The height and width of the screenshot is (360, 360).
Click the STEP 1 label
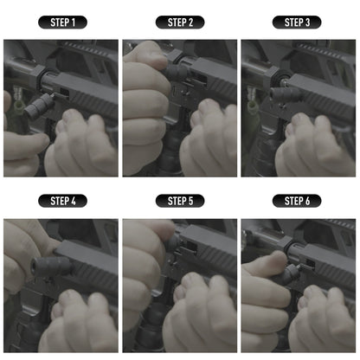62,22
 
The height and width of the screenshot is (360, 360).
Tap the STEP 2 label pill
180,22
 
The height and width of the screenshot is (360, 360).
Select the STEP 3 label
298,22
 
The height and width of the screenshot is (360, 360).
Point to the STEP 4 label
62,201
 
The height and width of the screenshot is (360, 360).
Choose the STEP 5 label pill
180,201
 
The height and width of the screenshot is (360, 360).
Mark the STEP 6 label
298,201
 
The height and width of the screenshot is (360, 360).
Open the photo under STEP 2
180,107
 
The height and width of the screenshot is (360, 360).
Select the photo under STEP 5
180,285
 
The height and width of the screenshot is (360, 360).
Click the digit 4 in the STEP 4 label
74,201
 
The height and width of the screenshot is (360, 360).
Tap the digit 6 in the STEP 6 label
309,201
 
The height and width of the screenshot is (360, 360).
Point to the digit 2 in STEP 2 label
191,22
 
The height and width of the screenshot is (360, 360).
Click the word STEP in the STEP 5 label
175,201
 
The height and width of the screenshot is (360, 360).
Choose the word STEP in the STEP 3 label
292,22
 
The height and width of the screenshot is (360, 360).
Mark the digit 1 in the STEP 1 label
74,22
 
